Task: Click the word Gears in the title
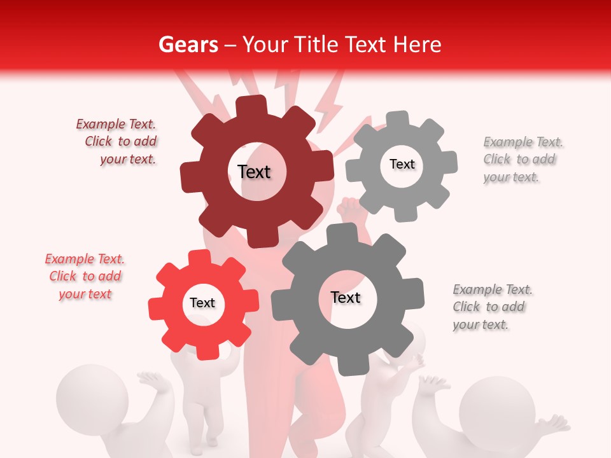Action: click(188, 45)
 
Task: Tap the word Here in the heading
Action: click(418, 45)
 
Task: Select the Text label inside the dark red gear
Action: click(254, 172)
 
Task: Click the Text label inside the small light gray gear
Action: click(402, 164)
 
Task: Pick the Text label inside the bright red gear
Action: click(202, 303)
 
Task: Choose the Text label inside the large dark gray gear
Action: click(346, 297)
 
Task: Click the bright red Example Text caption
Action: click(85, 276)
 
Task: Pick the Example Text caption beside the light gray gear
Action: click(523, 159)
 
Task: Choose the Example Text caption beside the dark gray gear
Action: click(492, 307)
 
